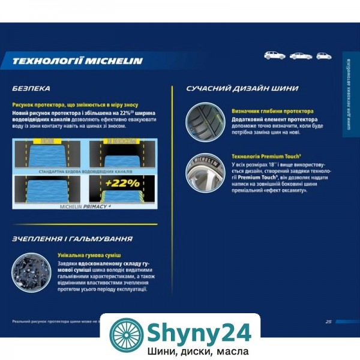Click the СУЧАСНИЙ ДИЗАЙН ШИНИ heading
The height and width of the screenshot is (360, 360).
[242, 88]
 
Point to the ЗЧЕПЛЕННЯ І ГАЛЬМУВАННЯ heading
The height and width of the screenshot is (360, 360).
[73, 239]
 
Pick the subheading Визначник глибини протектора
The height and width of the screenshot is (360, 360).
[272, 111]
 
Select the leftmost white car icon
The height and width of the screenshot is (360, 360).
[274, 55]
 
